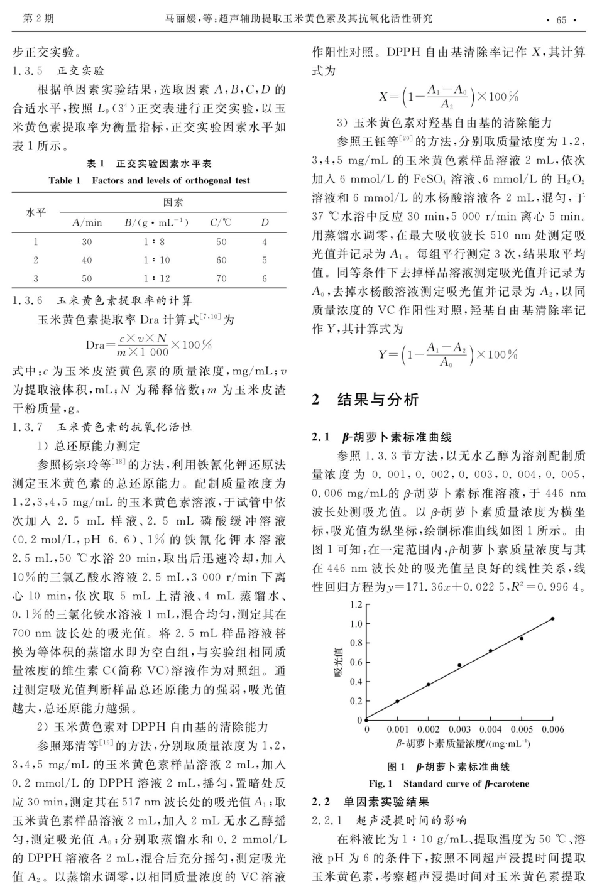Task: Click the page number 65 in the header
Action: click(x=561, y=19)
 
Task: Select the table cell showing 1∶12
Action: click(x=156, y=278)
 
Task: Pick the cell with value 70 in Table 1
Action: click(x=221, y=278)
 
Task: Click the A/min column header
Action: click(x=87, y=222)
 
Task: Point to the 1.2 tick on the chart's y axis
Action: click(x=356, y=605)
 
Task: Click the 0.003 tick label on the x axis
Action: click(x=459, y=730)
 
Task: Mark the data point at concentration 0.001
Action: click(x=397, y=701)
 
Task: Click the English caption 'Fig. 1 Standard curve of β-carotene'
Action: click(x=449, y=783)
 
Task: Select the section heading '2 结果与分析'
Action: click(x=365, y=400)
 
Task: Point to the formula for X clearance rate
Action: click(x=448, y=97)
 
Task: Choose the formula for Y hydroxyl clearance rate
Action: click(x=447, y=354)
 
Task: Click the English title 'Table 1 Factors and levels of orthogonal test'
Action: click(x=149, y=180)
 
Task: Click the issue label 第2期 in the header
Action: click(x=38, y=19)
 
